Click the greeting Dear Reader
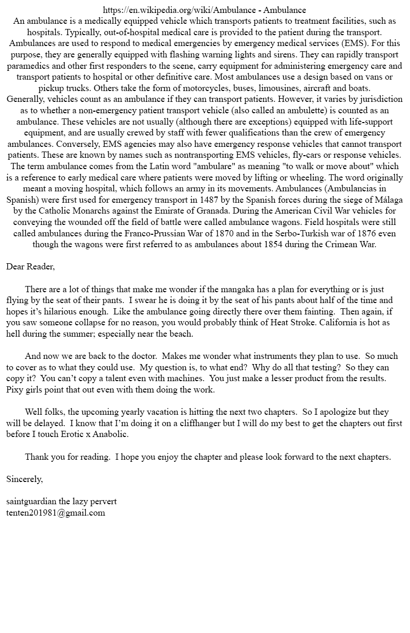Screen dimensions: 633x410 tap(30, 267)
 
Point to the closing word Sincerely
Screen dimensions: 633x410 tap(24, 479)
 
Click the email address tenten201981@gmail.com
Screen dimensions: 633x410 tap(55, 513)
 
